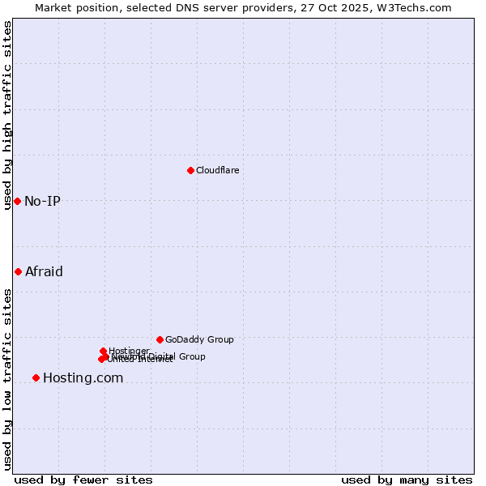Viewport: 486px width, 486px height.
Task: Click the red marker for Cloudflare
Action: pyautogui.click(x=190, y=170)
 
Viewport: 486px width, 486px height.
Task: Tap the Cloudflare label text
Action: pyautogui.click(x=217, y=170)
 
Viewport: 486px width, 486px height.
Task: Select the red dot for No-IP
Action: pyautogui.click(x=17, y=201)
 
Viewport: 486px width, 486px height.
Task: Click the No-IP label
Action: pyautogui.click(x=42, y=201)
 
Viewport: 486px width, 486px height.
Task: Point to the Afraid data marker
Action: pyautogui.click(x=18, y=271)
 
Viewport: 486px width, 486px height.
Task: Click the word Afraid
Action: pyautogui.click(x=44, y=271)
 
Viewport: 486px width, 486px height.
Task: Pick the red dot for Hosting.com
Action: pyautogui.click(x=36, y=377)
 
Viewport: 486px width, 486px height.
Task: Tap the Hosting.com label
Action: pyautogui.click(x=83, y=377)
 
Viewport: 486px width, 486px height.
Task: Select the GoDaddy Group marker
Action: pyautogui.click(x=160, y=339)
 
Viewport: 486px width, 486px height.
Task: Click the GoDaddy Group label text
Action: pyautogui.click(x=199, y=339)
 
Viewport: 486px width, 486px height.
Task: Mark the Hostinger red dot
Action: pyautogui.click(x=103, y=351)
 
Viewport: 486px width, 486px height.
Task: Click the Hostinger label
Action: pyautogui.click(x=129, y=351)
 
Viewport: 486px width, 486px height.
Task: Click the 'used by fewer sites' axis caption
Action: pyautogui.click(x=83, y=480)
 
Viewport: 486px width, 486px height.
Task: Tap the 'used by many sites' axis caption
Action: pyautogui.click(x=407, y=480)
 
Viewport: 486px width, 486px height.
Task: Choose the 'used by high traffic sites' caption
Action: pyautogui.click(x=7, y=115)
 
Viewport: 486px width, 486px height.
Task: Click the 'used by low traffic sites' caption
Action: pyautogui.click(x=7, y=378)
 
